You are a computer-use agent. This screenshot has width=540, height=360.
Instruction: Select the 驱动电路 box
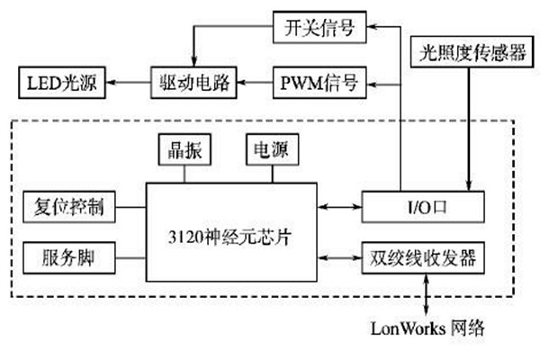192,85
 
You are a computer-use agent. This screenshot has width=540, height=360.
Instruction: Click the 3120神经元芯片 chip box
231,231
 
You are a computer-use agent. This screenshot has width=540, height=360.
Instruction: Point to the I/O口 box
423,208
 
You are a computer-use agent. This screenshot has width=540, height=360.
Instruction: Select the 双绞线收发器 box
423,258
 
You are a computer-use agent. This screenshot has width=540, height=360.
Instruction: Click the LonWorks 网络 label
427,328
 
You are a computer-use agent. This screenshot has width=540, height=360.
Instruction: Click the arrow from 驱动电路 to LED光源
126,85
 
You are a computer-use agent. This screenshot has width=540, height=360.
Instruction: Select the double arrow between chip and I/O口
339,208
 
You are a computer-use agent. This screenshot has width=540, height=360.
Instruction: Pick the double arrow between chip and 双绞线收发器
339,258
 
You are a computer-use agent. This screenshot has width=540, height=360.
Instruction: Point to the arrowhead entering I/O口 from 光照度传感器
467,184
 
